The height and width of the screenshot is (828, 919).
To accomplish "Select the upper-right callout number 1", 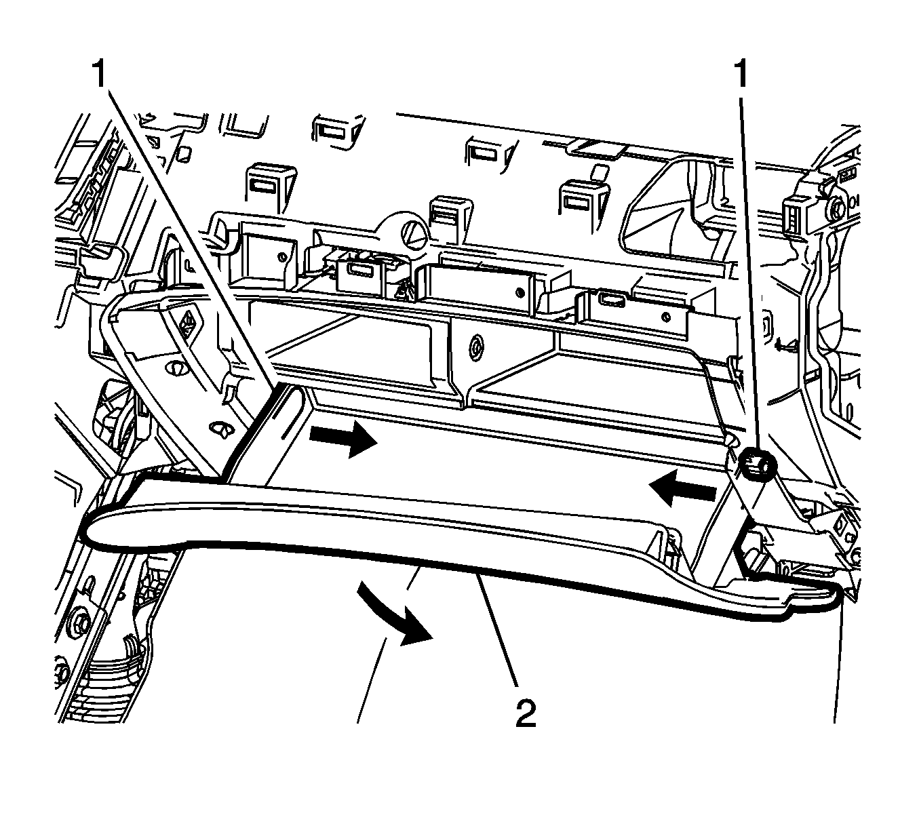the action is [x=741, y=74].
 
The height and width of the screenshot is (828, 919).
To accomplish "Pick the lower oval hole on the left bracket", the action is [x=221, y=429].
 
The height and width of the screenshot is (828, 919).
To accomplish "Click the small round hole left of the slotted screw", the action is [x=281, y=256].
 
